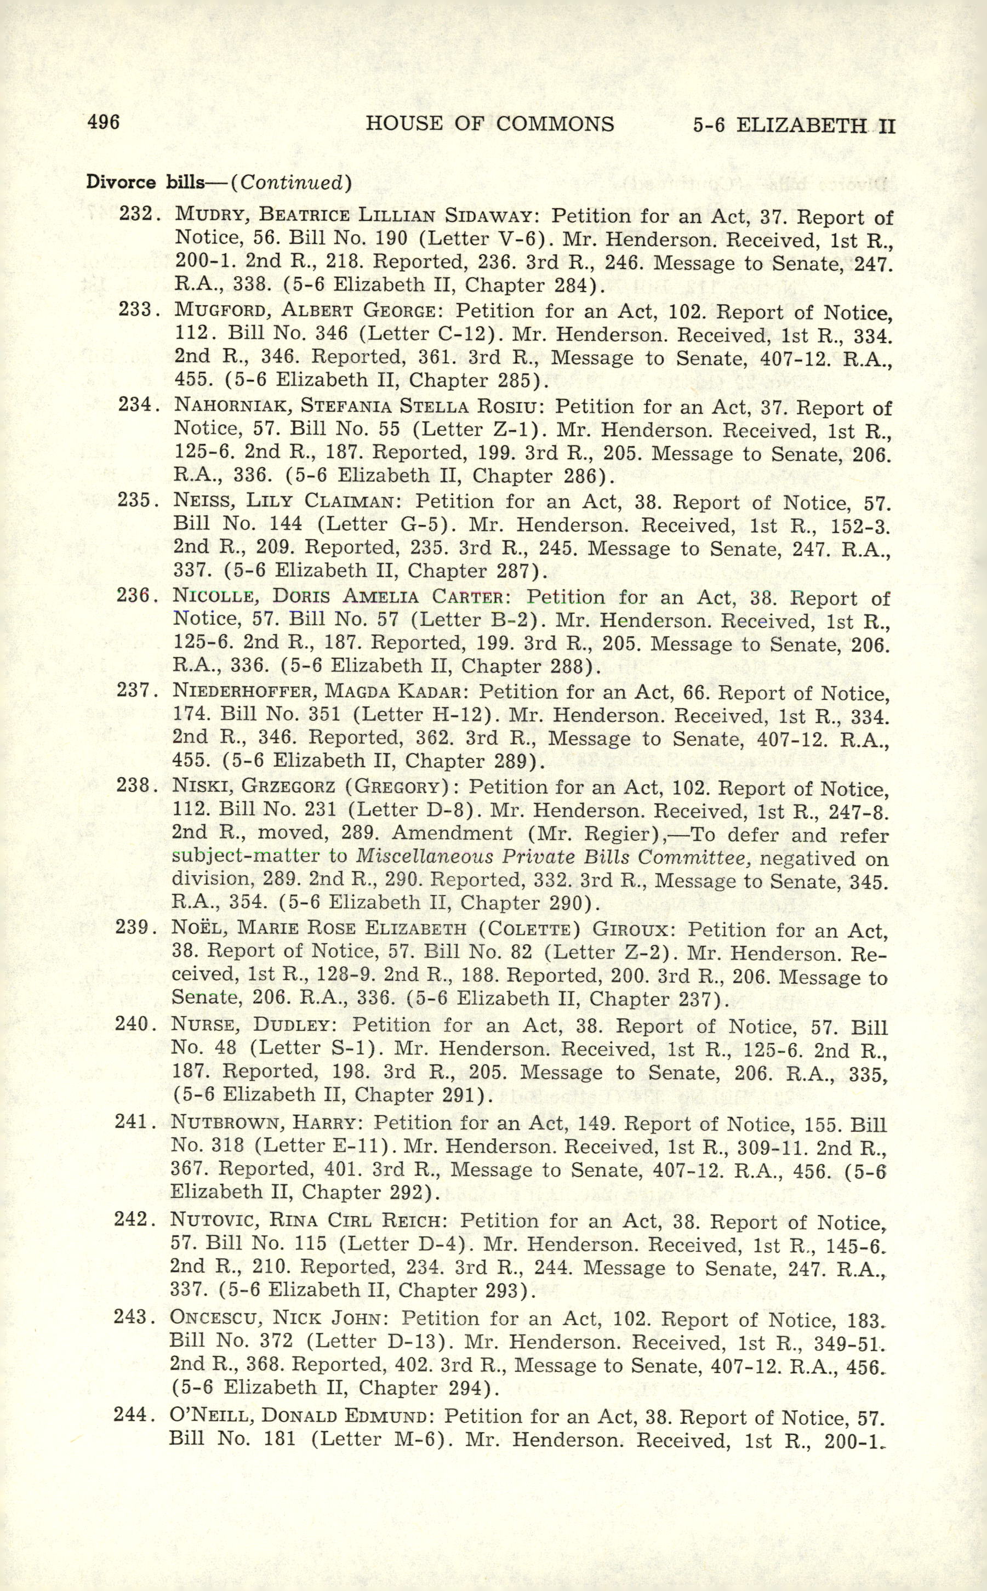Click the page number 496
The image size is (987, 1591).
click(x=103, y=122)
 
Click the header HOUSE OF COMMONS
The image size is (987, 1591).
click(x=489, y=123)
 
